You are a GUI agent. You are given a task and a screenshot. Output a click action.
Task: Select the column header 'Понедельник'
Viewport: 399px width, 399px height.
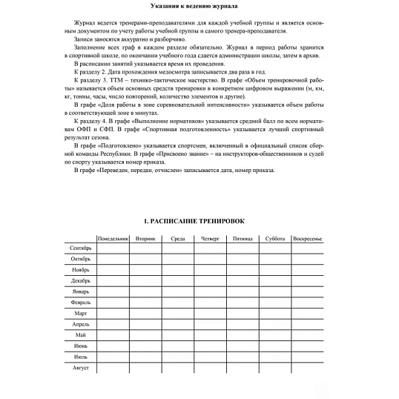pos(113,239)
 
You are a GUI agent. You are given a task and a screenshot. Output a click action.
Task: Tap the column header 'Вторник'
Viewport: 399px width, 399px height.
pos(145,239)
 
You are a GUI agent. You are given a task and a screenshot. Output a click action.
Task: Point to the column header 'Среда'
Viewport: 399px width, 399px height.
pos(178,239)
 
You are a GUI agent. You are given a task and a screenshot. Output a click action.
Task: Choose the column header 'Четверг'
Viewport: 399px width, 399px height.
pos(210,239)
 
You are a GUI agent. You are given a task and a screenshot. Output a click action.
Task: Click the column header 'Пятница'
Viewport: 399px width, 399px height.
pos(243,239)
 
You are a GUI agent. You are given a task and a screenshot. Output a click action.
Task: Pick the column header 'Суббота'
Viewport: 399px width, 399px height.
pos(274,239)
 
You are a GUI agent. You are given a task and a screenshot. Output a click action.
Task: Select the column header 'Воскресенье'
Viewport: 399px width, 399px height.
pos(307,239)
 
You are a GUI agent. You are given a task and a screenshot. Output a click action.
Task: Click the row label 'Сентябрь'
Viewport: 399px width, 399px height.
pos(79,248)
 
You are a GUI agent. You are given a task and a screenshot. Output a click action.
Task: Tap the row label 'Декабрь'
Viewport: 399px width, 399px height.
pos(80,281)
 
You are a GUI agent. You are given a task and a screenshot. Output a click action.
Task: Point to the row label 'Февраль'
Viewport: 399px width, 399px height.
pos(80,303)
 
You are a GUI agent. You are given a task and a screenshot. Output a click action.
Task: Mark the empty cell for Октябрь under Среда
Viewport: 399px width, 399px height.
pos(178,259)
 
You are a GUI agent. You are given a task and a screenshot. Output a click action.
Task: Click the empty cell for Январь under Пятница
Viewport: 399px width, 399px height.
pos(243,291)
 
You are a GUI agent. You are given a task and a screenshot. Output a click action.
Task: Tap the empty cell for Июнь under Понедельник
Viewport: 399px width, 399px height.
pos(113,346)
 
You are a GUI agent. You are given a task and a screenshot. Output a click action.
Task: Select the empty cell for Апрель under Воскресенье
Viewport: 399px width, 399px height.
pos(307,325)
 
